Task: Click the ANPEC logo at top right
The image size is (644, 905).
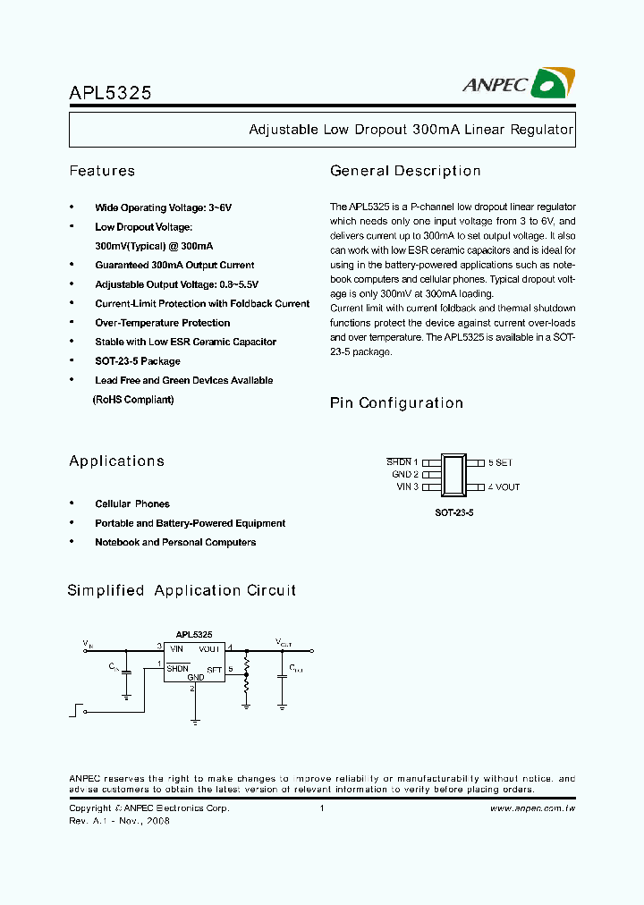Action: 518,83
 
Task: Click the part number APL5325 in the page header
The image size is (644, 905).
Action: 110,91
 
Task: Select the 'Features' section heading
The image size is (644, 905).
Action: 102,171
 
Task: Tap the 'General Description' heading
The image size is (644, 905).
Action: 405,171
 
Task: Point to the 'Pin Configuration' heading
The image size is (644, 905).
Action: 396,403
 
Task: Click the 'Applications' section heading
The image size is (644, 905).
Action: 116,461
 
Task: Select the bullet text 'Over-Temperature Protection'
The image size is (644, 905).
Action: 162,323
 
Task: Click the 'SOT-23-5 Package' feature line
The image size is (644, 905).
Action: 137,361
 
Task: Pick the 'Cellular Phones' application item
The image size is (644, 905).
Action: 131,504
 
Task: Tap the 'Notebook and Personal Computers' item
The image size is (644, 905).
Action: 175,543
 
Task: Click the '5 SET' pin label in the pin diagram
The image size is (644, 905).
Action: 500,462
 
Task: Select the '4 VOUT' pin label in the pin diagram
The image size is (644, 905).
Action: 504,487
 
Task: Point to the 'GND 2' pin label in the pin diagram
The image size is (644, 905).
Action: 405,475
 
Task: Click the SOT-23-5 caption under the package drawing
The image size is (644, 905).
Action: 453,514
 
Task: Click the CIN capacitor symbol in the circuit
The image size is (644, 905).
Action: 126,671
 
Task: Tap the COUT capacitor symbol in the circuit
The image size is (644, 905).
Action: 282,675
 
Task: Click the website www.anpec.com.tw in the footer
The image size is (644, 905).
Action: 532,808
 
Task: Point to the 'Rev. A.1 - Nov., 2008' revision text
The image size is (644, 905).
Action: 119,821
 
